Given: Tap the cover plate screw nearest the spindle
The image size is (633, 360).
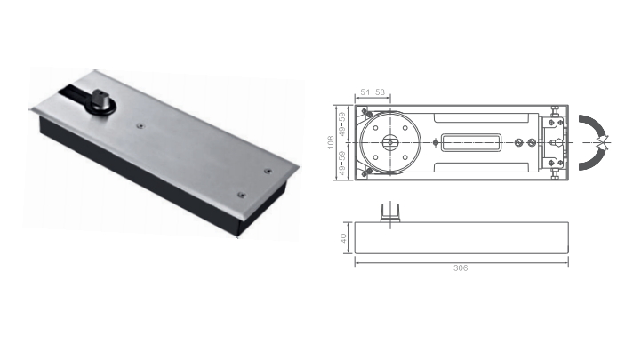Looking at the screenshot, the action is [x=140, y=126].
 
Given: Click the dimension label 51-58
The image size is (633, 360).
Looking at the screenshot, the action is [x=373, y=92].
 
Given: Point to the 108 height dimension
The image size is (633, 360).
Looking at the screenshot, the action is [x=331, y=142].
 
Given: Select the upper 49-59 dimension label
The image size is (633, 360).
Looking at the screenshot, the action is [x=342, y=124].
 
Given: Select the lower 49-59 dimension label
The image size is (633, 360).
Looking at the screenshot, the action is [x=342, y=163].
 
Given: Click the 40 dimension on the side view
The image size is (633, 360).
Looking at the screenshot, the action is [x=343, y=238].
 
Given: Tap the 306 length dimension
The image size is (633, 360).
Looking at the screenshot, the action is [x=461, y=268].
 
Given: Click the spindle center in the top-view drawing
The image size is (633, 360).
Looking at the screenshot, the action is [x=390, y=142].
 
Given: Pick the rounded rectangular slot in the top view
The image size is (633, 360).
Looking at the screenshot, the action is [x=471, y=142].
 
